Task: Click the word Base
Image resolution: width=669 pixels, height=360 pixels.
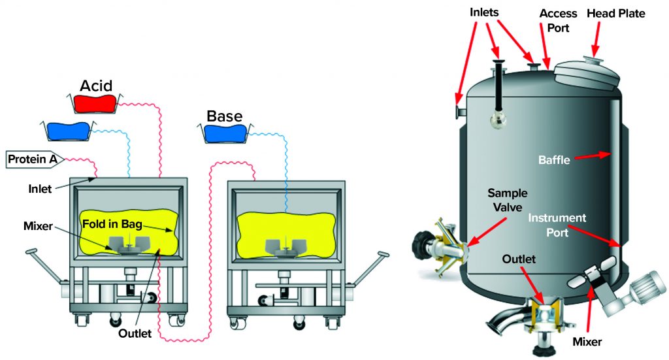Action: point(224,117)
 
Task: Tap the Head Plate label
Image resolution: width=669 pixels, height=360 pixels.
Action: point(615,14)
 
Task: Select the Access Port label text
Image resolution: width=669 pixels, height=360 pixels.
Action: point(557,20)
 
